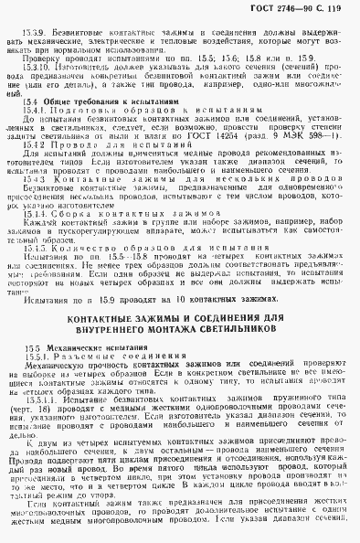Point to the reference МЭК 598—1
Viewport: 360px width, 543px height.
click(313, 161)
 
